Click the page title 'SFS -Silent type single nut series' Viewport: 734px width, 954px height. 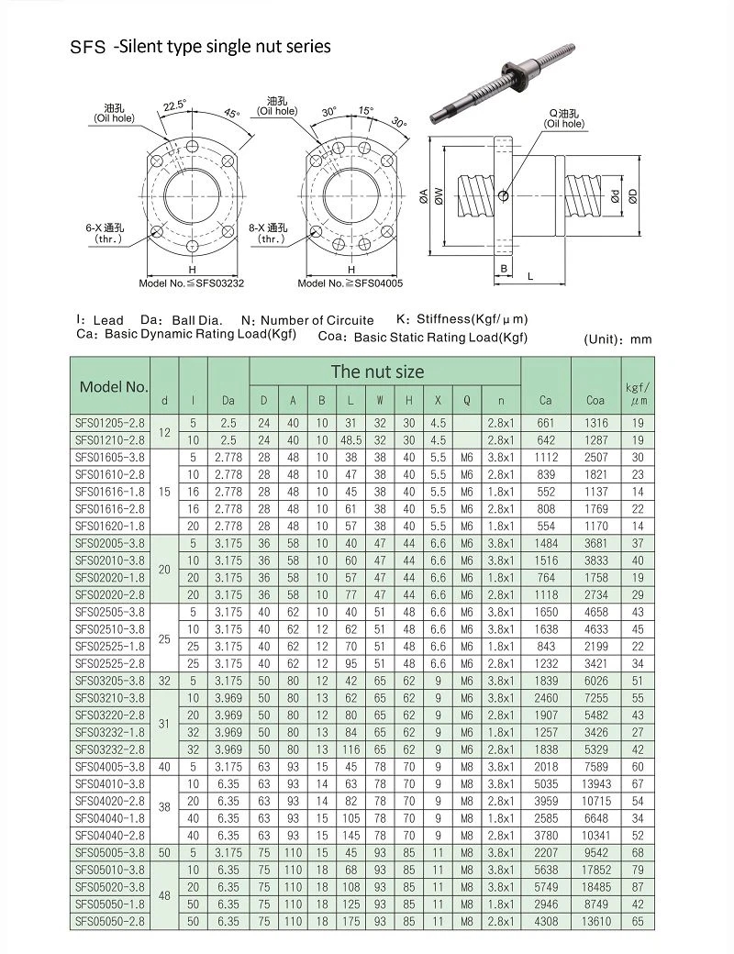[200, 45]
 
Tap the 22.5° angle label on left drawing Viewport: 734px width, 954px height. [174, 105]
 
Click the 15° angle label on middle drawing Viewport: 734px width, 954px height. [366, 110]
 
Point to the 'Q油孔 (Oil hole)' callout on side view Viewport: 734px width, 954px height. [563, 118]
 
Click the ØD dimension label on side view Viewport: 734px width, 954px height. [633, 195]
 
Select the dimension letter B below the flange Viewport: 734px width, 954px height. [504, 268]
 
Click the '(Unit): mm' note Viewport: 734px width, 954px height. [617, 339]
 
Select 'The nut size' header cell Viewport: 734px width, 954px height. [377, 372]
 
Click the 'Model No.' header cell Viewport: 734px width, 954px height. [114, 386]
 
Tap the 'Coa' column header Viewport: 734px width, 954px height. [595, 400]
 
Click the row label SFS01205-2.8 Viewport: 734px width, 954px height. [109, 424]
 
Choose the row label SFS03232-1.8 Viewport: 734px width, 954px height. [109, 733]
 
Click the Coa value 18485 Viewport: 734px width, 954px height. [596, 888]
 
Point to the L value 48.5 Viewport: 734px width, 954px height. [350, 440]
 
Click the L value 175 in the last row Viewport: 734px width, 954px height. [350, 919]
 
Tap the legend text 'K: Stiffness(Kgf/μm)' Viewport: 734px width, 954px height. [462, 319]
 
